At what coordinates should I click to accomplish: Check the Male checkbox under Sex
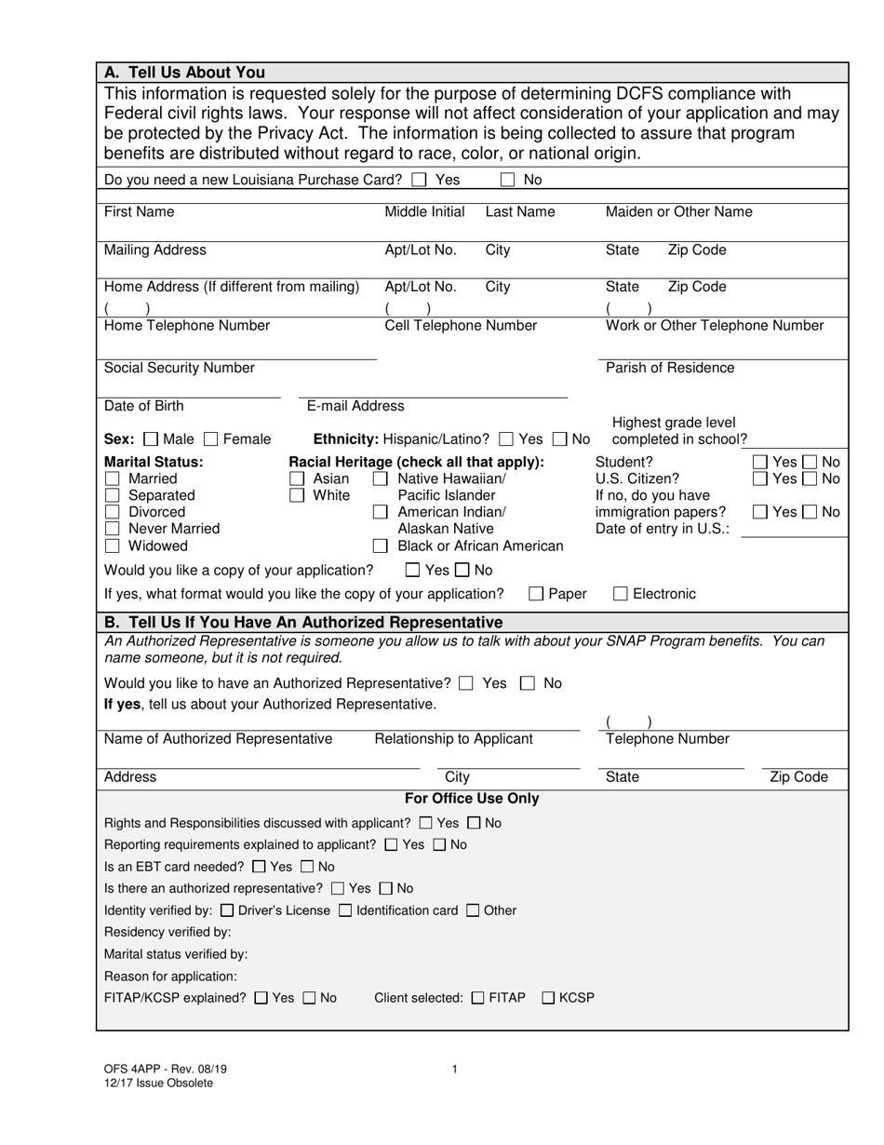(153, 439)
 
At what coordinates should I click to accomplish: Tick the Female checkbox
(211, 439)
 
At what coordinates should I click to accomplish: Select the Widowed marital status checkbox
(113, 546)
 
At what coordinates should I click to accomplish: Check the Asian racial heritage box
(297, 478)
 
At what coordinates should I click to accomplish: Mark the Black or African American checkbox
(381, 546)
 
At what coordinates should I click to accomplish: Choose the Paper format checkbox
(537, 594)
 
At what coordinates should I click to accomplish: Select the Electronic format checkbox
(621, 594)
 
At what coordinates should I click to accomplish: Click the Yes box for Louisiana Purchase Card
(419, 180)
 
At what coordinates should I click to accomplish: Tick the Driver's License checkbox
(227, 910)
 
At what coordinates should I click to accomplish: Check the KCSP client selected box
(548, 998)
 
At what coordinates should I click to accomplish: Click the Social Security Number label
(179, 368)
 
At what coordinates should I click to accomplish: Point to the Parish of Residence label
(669, 368)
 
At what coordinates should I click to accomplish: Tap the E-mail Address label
(355, 406)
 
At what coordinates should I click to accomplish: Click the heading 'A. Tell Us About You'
(184, 73)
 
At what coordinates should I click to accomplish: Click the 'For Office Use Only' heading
(472, 799)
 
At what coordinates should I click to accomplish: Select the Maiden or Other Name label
(678, 212)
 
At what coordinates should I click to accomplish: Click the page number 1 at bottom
(454, 1070)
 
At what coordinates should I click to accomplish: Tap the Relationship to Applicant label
(453, 739)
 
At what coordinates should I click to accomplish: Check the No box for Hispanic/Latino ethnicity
(560, 439)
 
